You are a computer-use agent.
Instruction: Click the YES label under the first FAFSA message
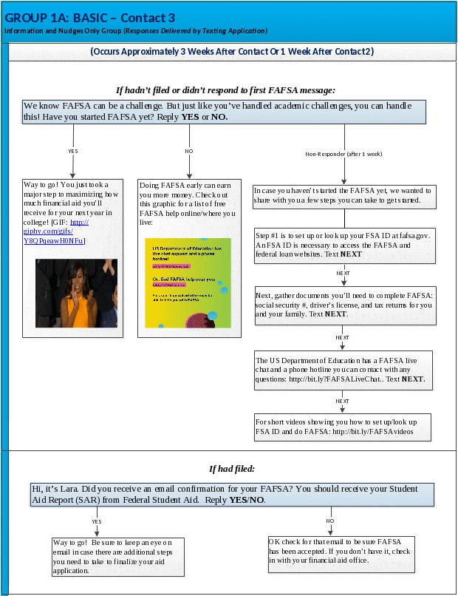72,151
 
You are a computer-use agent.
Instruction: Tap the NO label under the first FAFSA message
189,151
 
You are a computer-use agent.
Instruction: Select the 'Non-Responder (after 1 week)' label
343,154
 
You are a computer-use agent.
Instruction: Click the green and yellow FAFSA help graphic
188,282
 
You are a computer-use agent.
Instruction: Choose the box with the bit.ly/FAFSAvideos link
342,426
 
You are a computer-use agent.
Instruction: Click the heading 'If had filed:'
232,468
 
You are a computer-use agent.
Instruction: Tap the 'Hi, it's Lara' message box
232,494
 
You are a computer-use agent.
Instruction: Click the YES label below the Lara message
97,521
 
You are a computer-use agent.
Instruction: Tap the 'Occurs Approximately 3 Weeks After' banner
232,52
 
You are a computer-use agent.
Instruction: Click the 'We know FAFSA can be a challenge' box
224,112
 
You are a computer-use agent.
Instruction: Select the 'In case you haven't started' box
343,195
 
